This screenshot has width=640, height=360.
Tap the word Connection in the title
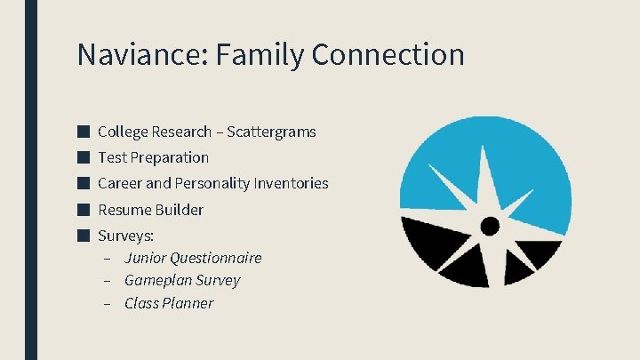[388, 55]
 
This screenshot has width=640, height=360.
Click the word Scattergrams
[271, 132]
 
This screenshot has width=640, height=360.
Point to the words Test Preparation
[153, 157]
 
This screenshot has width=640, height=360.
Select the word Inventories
[291, 184]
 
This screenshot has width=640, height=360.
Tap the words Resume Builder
[150, 210]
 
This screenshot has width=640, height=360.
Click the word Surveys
[125, 236]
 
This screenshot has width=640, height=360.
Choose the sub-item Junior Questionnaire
[193, 258]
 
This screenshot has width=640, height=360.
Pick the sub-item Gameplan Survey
[182, 280]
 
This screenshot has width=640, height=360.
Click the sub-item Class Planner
[169, 303]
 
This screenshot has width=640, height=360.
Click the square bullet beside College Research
[83, 132]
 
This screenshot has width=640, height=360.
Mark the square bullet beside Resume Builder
[83, 210]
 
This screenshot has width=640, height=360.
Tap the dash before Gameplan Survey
[106, 281]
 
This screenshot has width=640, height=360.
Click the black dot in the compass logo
[490, 226]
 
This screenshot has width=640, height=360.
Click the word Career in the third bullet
[119, 184]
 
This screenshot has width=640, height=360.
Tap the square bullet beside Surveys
[83, 236]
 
